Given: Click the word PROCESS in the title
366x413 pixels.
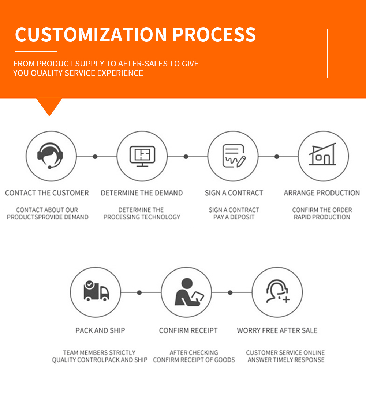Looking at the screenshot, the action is point(214,34).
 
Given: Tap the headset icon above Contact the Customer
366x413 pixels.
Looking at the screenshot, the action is point(50,156).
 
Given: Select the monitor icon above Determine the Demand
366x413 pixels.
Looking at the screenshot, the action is point(142,156).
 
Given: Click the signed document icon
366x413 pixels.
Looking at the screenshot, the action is point(234,156).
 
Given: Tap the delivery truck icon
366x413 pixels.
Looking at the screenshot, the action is point(96,291).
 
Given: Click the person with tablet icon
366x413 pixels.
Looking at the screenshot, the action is point(189,292).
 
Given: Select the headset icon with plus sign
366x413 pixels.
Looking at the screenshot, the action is point(278,291).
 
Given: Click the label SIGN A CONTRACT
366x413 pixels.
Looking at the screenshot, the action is point(234,193).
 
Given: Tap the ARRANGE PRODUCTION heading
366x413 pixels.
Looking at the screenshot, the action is point(322,193).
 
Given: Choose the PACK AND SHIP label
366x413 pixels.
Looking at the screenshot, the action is point(100,330).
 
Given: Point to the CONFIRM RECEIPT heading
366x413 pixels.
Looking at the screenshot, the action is point(188,330).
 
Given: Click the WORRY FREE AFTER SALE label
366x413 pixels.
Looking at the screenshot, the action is point(277,330).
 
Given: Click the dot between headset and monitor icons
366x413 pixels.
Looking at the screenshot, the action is point(95,157).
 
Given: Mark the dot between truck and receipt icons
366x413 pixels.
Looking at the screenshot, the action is point(139,292).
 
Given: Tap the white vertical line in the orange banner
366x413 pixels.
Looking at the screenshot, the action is point(328,53).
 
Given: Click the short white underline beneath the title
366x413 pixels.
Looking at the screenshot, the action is point(36,51).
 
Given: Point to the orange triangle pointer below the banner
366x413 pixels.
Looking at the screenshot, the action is point(49,106).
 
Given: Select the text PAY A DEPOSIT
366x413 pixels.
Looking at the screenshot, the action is point(234,217).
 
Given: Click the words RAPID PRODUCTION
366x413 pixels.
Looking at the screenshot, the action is point(322,217).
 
